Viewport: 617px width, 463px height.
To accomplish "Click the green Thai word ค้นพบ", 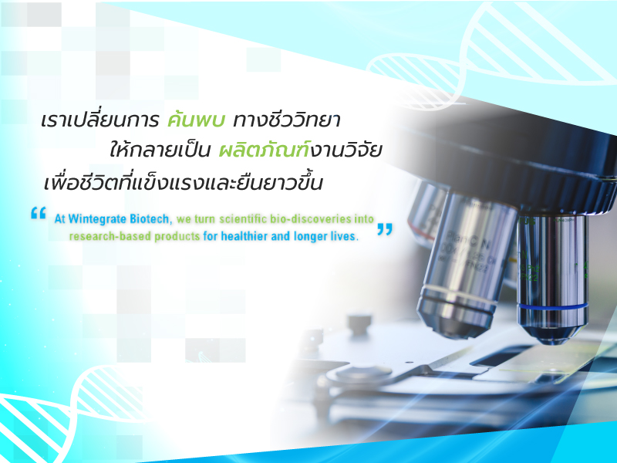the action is [x=196, y=119].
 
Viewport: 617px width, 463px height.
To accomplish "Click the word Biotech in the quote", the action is [x=150, y=218].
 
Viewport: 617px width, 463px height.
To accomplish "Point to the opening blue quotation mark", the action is [x=38, y=213].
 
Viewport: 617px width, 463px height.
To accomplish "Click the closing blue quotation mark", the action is [x=384, y=229].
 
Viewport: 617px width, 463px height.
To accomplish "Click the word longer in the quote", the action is [x=311, y=237].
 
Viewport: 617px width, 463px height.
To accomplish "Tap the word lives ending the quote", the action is [x=345, y=236].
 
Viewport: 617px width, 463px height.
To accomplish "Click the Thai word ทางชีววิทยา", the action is [x=286, y=120].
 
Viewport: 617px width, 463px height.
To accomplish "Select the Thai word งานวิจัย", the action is [x=346, y=150].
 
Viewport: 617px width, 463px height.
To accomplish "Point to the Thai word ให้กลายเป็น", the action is [x=160, y=150].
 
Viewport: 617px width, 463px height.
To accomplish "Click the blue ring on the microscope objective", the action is [x=553, y=306].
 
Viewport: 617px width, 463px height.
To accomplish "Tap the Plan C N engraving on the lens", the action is [x=467, y=242].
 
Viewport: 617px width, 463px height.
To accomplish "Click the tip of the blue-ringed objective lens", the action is [x=554, y=340].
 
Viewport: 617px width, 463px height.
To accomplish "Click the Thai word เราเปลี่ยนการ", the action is [x=100, y=120].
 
